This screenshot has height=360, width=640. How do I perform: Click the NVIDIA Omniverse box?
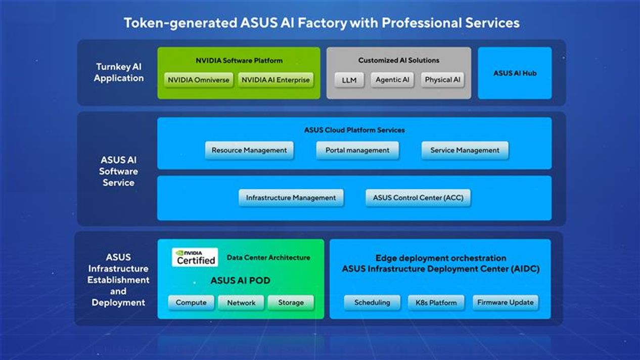click(199, 80)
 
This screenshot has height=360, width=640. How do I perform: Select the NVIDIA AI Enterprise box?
click(276, 80)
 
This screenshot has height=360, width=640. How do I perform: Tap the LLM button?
click(349, 80)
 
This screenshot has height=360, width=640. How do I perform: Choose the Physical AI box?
click(442, 80)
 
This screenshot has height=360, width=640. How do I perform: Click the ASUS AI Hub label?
click(515, 73)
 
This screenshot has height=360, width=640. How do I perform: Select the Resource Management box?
click(249, 150)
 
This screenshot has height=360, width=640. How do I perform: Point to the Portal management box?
click(357, 150)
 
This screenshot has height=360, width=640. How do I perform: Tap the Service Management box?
click(465, 150)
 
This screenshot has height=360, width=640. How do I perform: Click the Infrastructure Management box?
click(291, 198)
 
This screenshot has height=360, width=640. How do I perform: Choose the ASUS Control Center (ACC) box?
click(418, 198)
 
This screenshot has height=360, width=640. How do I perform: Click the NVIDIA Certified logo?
click(195, 257)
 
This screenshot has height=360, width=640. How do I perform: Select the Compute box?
click(191, 302)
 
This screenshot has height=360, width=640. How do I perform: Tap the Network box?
click(241, 302)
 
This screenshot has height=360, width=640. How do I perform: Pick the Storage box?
click(291, 302)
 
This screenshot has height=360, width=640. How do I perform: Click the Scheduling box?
click(372, 302)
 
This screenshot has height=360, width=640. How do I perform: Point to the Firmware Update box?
click(506, 302)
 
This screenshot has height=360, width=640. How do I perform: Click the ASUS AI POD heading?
click(241, 281)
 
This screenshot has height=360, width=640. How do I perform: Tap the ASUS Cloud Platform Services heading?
click(354, 130)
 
